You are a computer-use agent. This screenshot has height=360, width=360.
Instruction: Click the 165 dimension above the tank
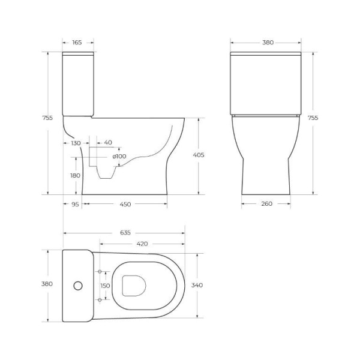[x=77, y=43]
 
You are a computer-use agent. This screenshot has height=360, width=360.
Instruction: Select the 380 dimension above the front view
[x=268, y=43]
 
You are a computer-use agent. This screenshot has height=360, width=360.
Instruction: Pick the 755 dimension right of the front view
[x=313, y=118]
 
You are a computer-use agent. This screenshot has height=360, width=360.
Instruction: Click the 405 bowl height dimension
[x=199, y=155]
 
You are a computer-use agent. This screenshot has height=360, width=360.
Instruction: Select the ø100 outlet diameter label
[x=119, y=157]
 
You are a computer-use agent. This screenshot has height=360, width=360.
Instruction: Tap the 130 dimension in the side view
[x=76, y=143]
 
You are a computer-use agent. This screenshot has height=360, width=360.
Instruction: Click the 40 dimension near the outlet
[x=108, y=143]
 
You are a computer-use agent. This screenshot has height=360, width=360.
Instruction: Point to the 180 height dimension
[x=75, y=175]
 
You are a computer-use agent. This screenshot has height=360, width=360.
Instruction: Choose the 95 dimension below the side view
[x=75, y=204]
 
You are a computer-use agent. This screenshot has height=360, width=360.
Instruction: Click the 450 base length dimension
[x=125, y=204]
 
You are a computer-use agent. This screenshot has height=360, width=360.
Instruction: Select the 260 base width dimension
[x=267, y=204]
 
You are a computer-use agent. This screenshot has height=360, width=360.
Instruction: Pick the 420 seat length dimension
[x=143, y=244]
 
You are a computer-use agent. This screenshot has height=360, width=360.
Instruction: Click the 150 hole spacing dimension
[x=105, y=286]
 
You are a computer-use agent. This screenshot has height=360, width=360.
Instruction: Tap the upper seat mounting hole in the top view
[x=100, y=272]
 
